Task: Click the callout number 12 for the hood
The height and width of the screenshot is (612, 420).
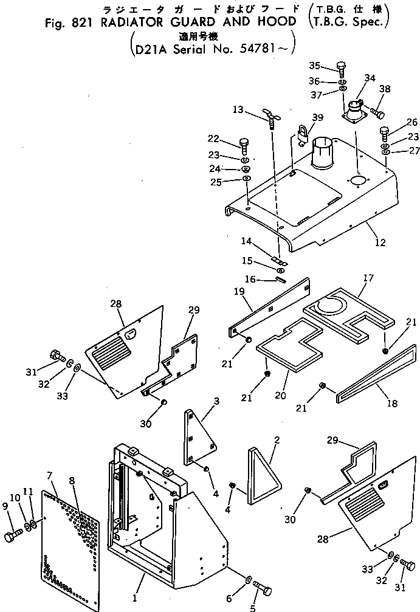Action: tap(380, 242)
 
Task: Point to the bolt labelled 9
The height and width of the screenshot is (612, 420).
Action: tap(13, 536)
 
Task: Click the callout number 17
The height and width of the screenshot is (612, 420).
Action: tap(368, 278)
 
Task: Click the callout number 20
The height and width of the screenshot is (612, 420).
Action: tap(280, 396)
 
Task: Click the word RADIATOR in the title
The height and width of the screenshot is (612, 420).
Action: tap(133, 22)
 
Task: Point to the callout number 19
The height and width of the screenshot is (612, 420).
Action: tap(239, 291)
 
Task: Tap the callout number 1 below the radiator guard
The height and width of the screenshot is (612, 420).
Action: tap(135, 597)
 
